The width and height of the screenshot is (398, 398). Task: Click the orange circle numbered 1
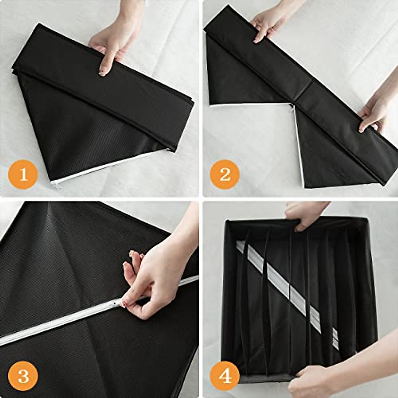(23, 174)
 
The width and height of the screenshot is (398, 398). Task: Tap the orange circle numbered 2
(225, 174)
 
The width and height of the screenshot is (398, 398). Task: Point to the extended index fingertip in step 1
(102, 72)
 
